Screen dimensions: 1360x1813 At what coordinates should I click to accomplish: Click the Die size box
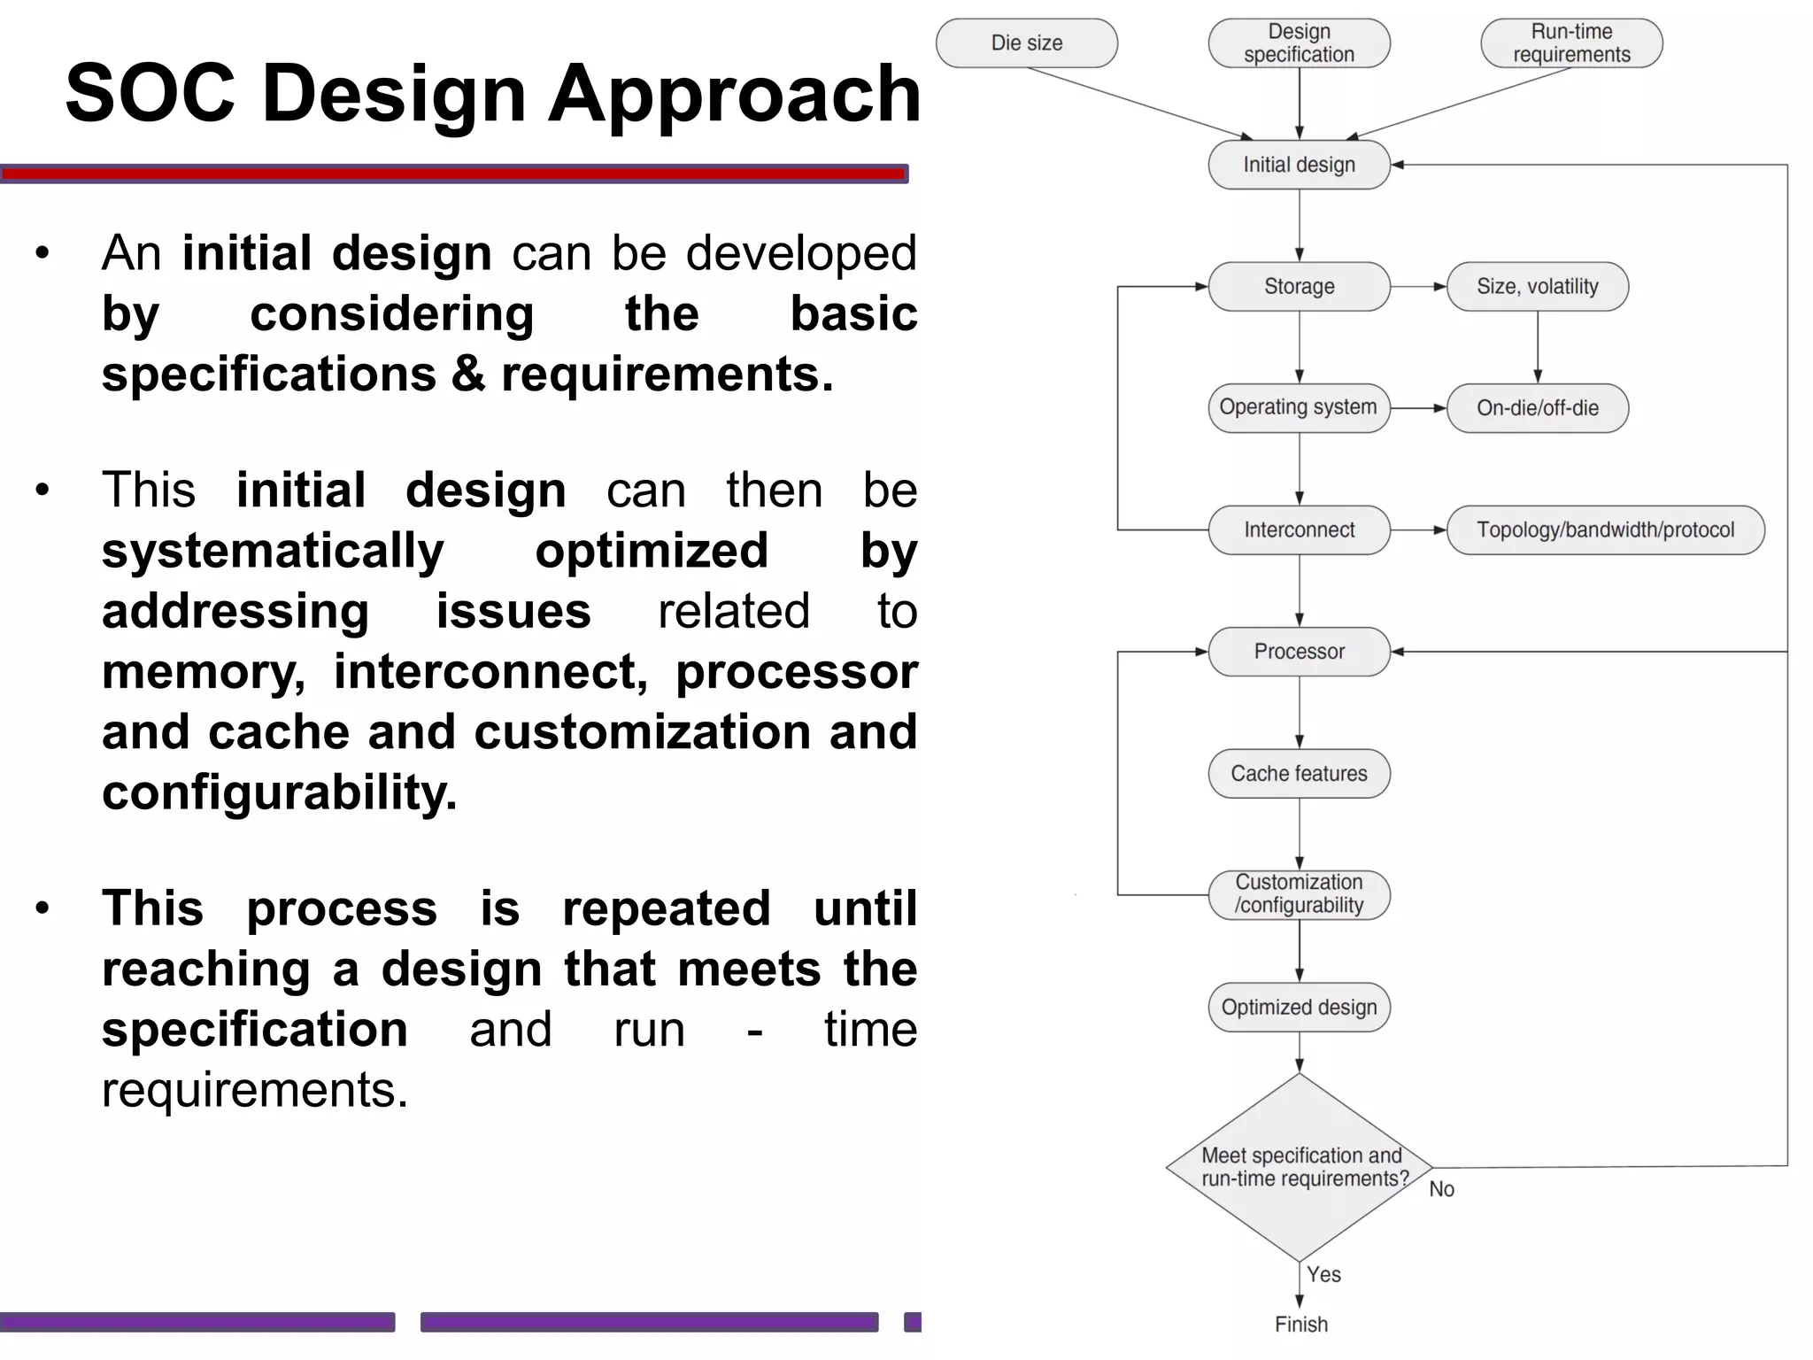pyautogui.click(x=1026, y=43)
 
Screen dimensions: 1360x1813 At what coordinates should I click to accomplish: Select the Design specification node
pyautogui.click(x=1299, y=43)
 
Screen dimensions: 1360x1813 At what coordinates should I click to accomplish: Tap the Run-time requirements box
pyautogui.click(x=1571, y=43)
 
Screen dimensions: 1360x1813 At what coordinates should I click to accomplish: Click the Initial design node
pyautogui.click(x=1299, y=165)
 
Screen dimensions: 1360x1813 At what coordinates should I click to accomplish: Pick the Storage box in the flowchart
pyautogui.click(x=1299, y=287)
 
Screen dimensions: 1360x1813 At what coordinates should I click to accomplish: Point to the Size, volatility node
pyautogui.click(x=1537, y=287)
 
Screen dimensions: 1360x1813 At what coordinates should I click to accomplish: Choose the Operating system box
pyautogui.click(x=1299, y=408)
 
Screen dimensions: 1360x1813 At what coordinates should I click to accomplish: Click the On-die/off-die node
pyautogui.click(x=1537, y=408)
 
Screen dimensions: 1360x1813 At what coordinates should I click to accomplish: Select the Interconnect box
pyautogui.click(x=1299, y=530)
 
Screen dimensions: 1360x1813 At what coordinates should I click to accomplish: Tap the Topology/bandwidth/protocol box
pyautogui.click(x=1605, y=530)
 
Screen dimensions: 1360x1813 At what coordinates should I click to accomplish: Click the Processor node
pyautogui.click(x=1299, y=652)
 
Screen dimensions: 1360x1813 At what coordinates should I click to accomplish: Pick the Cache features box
pyautogui.click(x=1299, y=774)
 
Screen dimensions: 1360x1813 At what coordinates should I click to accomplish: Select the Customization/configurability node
pyautogui.click(x=1299, y=894)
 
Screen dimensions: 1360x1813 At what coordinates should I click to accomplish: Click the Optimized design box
pyautogui.click(x=1299, y=1008)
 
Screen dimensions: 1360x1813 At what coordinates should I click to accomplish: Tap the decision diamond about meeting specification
pyautogui.click(x=1299, y=1168)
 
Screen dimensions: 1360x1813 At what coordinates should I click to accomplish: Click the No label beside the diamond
pyautogui.click(x=1441, y=1190)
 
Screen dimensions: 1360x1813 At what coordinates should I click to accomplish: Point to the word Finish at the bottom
pyautogui.click(x=1300, y=1325)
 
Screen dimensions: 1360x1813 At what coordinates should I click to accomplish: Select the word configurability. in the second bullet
pyautogui.click(x=279, y=792)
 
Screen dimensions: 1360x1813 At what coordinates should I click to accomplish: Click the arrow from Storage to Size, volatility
pyautogui.click(x=1418, y=287)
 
